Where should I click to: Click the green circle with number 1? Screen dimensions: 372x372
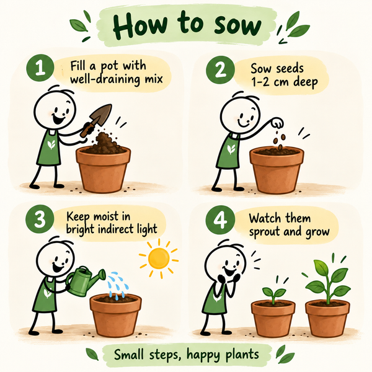pos(40,68)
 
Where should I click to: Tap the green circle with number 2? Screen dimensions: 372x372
pos(220,70)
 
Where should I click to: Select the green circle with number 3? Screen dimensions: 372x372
pos(40,219)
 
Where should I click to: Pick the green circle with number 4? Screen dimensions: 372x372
pos(220,220)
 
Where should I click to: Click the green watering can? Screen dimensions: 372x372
pos(83,281)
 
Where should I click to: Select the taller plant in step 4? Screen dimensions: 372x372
pos(327,281)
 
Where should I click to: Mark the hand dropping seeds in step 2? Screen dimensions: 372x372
pos(278,123)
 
